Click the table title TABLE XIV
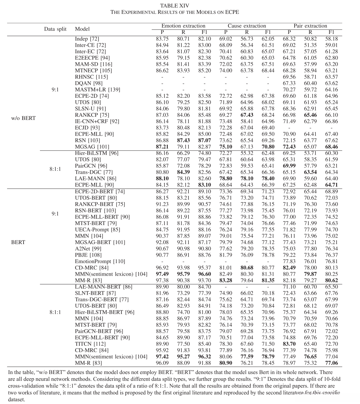tap(175, 5)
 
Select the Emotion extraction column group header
tap(183, 26)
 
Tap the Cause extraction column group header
tap(247, 26)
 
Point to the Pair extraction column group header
tap(310, 26)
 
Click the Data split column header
tap(55, 29)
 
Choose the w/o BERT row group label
tap(23, 118)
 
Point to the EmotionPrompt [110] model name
tap(100, 261)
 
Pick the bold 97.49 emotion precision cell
tap(162, 274)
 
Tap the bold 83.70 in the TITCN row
tap(289, 344)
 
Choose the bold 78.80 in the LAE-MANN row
tap(226, 178)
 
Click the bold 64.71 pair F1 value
tap(331, 185)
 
